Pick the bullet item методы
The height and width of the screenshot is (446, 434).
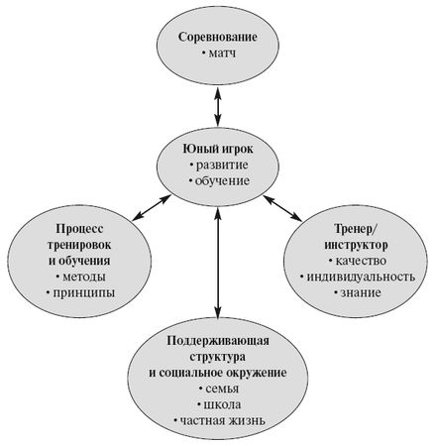pos(83,277)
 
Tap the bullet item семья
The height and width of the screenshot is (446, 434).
pos(218,390)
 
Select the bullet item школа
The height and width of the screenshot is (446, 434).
pos(218,406)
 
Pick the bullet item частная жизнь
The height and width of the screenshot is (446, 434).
pos(218,423)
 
